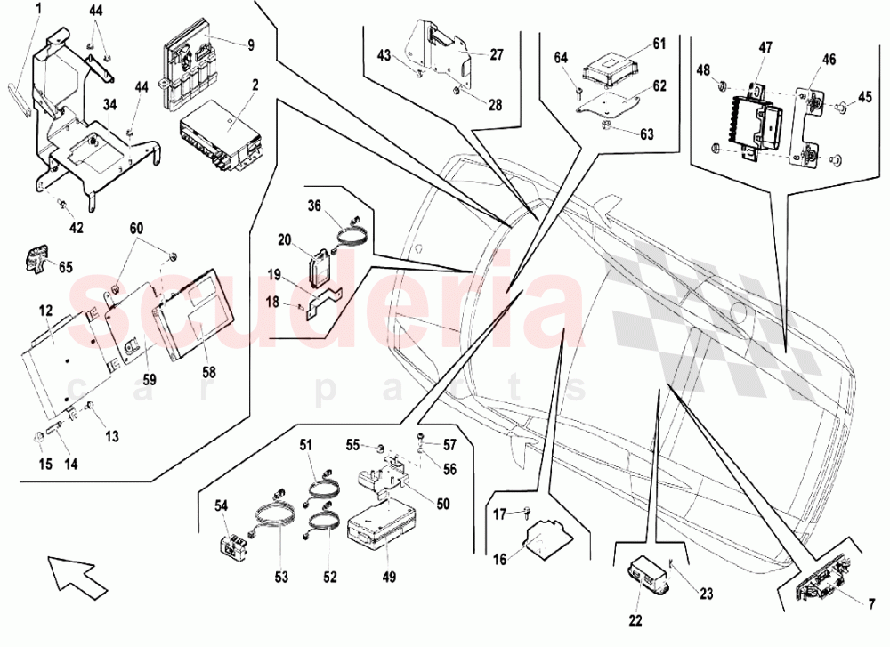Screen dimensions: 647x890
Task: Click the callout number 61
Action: point(659,43)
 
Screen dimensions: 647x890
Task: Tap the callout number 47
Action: point(765,47)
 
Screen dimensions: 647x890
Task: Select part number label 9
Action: point(251,44)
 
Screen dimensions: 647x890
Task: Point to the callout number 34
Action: point(109,105)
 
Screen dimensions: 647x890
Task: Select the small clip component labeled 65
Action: point(36,257)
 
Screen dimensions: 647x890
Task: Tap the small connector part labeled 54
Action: point(235,541)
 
